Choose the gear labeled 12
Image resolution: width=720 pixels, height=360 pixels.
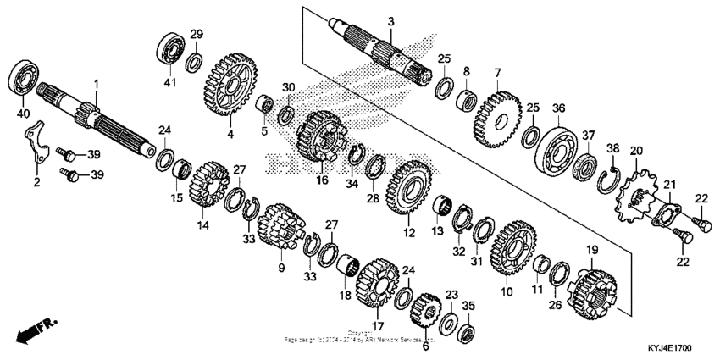(410, 189)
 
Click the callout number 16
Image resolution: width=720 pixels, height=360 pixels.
(321, 180)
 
